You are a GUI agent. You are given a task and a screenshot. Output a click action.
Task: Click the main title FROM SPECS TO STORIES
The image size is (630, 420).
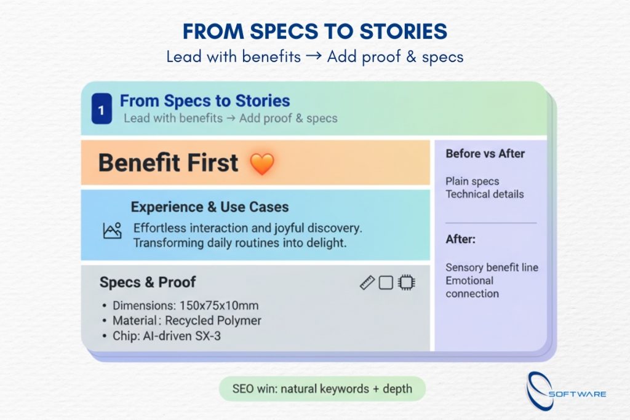tap(314, 31)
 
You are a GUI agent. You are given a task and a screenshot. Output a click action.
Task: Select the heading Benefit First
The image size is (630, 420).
tap(168, 163)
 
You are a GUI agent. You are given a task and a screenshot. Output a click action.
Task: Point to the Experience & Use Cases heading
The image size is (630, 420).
tap(210, 207)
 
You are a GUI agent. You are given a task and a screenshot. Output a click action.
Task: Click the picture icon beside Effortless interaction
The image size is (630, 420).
tap(112, 231)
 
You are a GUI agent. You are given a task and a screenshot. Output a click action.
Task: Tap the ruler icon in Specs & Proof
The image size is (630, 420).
tap(367, 283)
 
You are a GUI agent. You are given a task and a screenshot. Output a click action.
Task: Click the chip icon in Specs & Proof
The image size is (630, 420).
tap(406, 283)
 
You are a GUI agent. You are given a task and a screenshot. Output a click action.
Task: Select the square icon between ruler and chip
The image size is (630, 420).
tap(386, 283)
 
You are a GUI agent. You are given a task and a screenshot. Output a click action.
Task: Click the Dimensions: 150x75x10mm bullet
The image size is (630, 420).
tap(185, 306)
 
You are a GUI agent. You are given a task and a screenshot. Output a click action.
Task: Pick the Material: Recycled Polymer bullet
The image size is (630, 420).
tap(186, 320)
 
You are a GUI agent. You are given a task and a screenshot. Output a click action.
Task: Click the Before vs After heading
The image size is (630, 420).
tap(485, 154)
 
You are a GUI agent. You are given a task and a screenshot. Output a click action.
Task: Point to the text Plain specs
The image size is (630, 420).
tap(472, 181)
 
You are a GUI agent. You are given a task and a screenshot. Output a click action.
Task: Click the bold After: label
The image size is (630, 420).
tap(460, 239)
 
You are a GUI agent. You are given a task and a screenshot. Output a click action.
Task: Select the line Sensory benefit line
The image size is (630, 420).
tap(492, 267)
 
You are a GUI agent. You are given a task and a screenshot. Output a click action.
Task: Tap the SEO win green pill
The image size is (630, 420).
tap(322, 389)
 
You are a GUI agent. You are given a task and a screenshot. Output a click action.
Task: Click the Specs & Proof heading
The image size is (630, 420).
tap(148, 282)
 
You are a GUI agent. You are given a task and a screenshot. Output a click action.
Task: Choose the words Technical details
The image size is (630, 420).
tap(485, 194)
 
